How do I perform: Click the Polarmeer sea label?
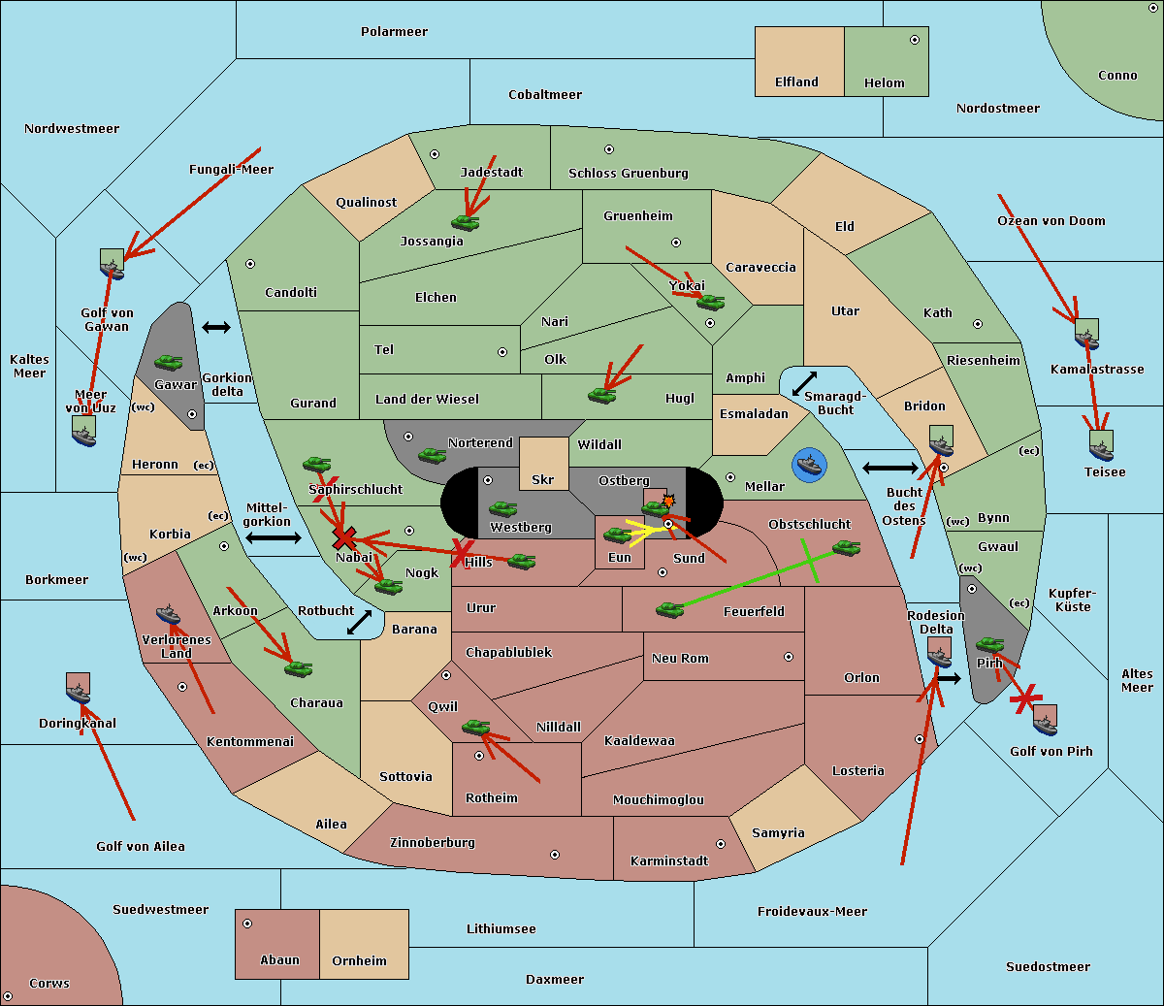click(x=394, y=32)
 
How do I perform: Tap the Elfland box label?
click(x=796, y=82)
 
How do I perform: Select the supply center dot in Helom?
click(x=914, y=40)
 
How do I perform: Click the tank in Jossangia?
click(x=466, y=222)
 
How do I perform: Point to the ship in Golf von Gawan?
click(x=112, y=264)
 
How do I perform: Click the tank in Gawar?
click(x=169, y=362)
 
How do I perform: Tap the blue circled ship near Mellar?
click(x=808, y=465)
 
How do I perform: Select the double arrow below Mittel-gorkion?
click(x=273, y=537)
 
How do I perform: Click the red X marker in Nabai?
click(x=343, y=537)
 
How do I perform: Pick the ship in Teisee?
click(x=1101, y=446)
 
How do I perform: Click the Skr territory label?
click(x=542, y=479)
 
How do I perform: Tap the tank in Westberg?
click(x=502, y=508)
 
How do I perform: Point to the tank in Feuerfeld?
click(x=669, y=609)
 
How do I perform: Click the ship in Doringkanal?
click(x=78, y=689)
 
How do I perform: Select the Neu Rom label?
click(x=680, y=658)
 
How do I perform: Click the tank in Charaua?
click(x=298, y=667)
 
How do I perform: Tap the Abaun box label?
click(x=279, y=960)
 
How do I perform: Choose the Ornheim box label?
click(x=359, y=961)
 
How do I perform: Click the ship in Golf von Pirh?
click(x=1045, y=720)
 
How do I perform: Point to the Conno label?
click(x=1117, y=76)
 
